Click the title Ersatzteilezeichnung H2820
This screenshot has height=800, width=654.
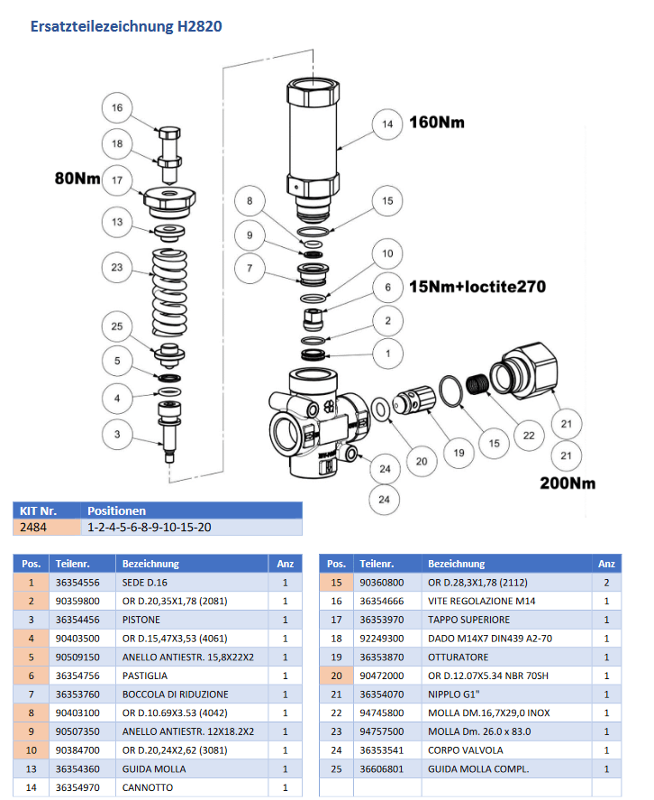tap(126, 26)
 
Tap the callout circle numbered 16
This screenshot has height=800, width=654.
tap(117, 107)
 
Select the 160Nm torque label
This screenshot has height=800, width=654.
tap(437, 123)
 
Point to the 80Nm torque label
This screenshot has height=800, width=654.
tap(77, 178)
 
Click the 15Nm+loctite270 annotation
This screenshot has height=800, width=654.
tap(477, 287)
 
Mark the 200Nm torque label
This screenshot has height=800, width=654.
tap(568, 483)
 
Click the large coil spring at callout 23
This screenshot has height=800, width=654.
tap(169, 293)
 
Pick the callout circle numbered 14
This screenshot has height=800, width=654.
tap(387, 124)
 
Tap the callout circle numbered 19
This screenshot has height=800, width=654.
tap(459, 453)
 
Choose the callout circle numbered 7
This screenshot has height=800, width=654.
tap(250, 268)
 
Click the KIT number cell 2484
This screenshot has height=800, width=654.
tap(47, 527)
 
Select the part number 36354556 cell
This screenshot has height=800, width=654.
tap(82, 583)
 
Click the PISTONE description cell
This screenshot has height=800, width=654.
tap(192, 620)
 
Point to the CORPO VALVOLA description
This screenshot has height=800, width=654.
tap(466, 750)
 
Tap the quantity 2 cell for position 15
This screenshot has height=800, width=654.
tap(606, 583)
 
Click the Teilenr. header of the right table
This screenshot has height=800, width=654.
tap(377, 564)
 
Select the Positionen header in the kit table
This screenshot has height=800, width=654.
tap(117, 510)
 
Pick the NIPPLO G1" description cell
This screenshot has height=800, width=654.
tap(506, 694)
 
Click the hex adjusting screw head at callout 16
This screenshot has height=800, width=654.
tap(169, 133)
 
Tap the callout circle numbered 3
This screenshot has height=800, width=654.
tap(117, 434)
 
